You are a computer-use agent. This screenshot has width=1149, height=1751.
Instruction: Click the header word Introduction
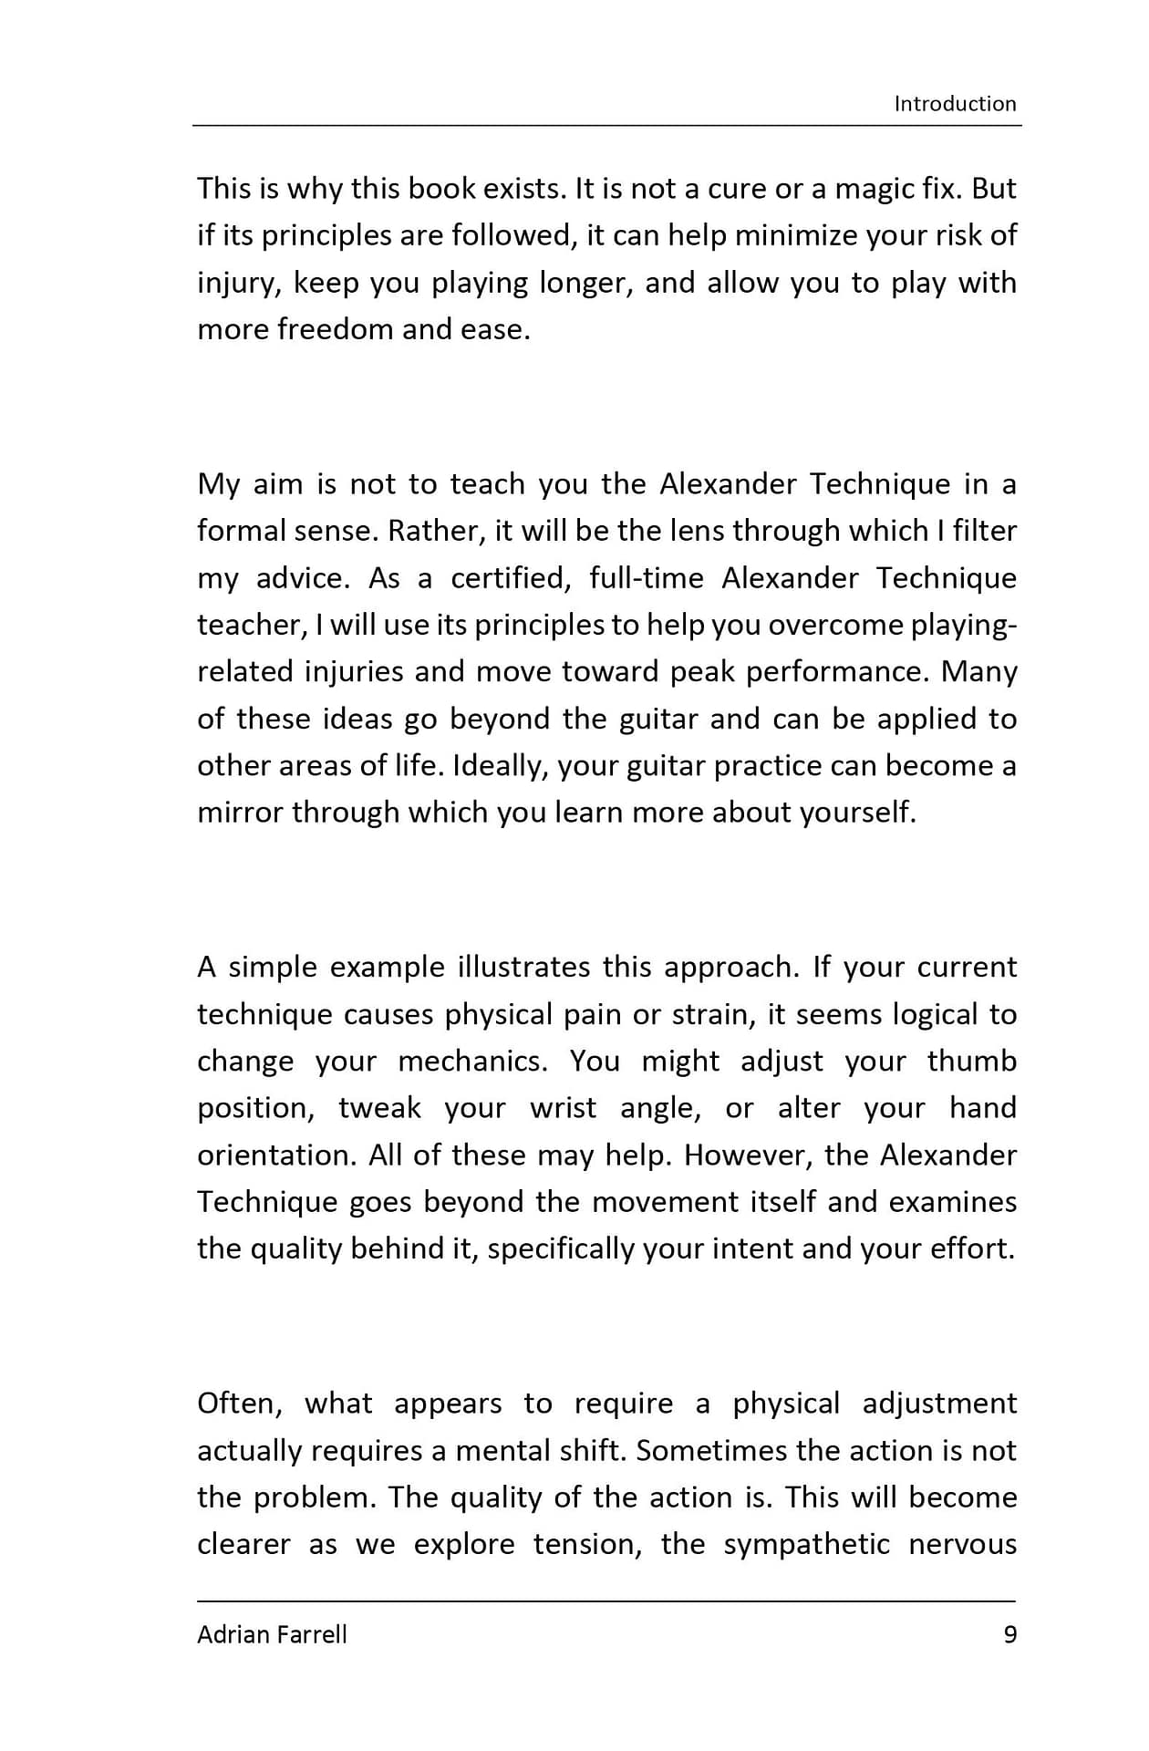pyautogui.click(x=955, y=104)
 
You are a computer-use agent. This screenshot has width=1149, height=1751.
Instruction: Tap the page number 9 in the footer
pyautogui.click(x=1009, y=1633)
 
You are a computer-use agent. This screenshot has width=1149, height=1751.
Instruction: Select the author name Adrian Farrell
pyautogui.click(x=272, y=1633)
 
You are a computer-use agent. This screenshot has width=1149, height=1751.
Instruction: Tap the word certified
pyautogui.click(x=509, y=578)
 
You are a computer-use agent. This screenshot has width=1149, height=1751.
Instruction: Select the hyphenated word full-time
pyautogui.click(x=646, y=578)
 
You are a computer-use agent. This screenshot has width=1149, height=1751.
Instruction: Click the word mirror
pyautogui.click(x=240, y=812)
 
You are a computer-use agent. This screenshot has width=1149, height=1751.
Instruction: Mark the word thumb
pyautogui.click(x=971, y=1062)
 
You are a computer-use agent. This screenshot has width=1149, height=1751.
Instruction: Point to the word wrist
pyautogui.click(x=563, y=1108)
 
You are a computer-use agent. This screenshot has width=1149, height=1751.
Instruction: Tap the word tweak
pyautogui.click(x=379, y=1108)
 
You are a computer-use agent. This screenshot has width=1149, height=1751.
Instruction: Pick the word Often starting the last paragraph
pyautogui.click(x=239, y=1404)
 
